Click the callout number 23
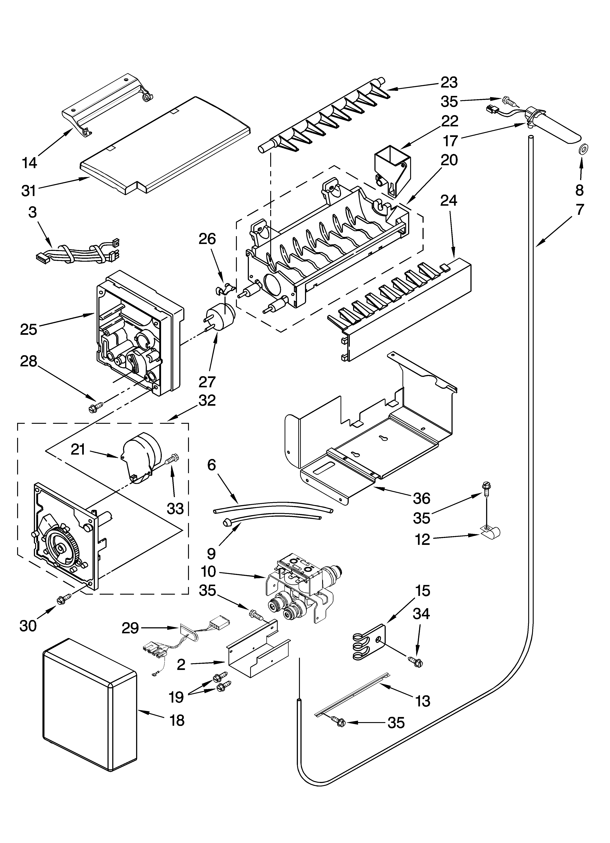click(x=449, y=83)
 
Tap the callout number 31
click(x=29, y=191)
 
